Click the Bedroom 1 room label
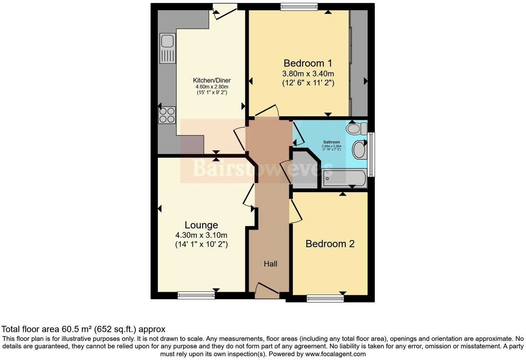(x=308, y=63)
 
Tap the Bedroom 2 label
(x=330, y=244)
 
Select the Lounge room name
(x=201, y=225)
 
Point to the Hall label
(x=270, y=264)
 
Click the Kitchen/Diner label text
(x=212, y=80)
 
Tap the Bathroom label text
(x=332, y=142)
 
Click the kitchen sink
(x=167, y=48)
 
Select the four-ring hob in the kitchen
(x=167, y=115)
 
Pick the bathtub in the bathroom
(x=343, y=178)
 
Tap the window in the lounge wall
(x=196, y=295)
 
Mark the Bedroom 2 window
(x=325, y=298)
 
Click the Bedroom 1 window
(x=299, y=7)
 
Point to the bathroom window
(x=371, y=154)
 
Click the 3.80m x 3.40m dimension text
(x=308, y=74)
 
